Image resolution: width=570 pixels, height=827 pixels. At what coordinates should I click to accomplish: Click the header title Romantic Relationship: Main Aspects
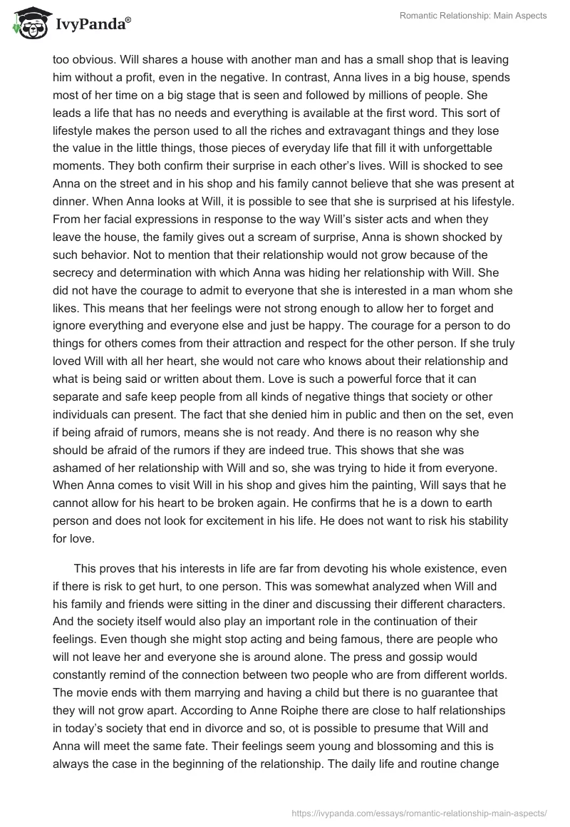(x=472, y=15)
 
